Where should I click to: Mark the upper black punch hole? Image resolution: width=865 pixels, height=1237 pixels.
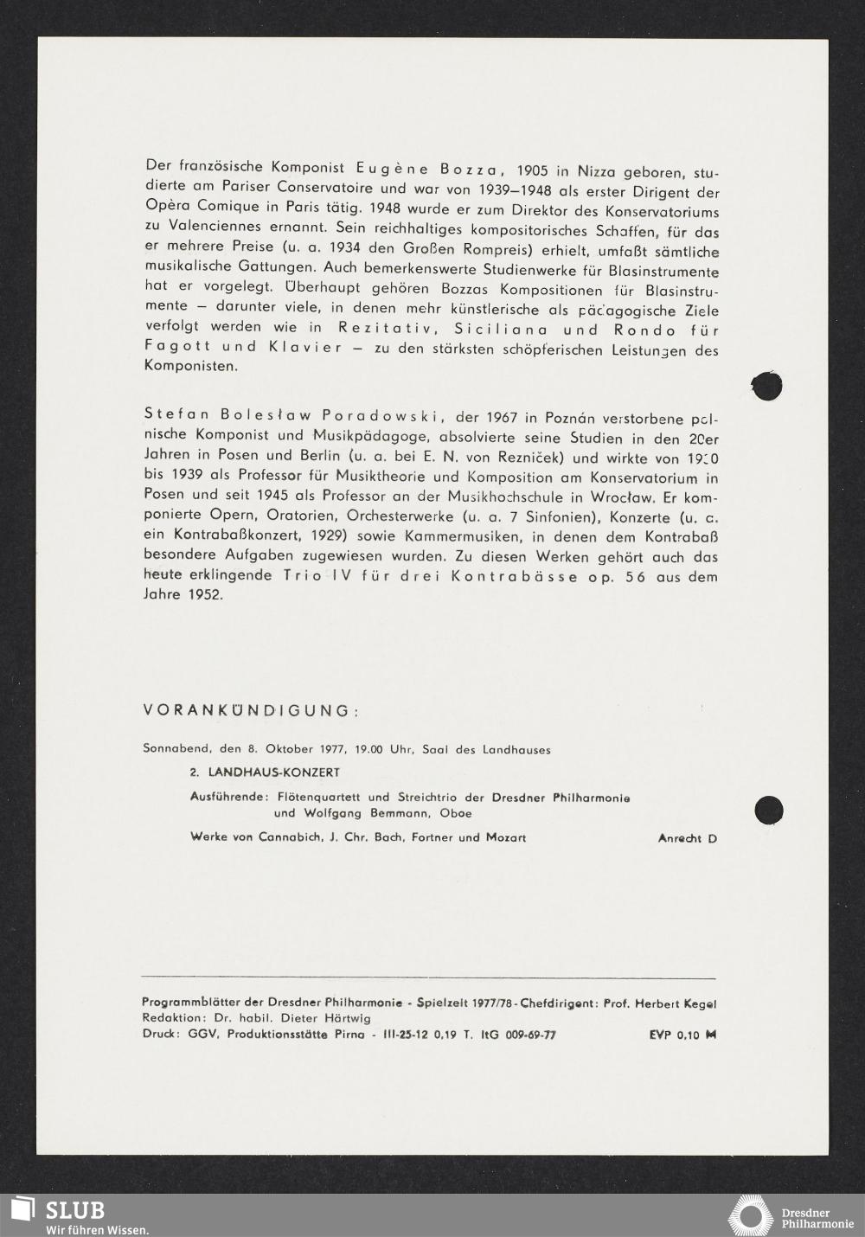click(767, 386)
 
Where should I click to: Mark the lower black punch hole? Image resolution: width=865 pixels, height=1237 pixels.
click(768, 810)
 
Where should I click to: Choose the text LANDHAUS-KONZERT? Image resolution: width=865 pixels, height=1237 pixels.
click(274, 772)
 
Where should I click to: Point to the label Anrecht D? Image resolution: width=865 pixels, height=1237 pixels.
click(687, 838)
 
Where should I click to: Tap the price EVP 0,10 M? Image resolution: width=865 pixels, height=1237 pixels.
click(682, 1035)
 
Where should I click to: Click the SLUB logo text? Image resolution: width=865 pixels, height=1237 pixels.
click(75, 1210)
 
